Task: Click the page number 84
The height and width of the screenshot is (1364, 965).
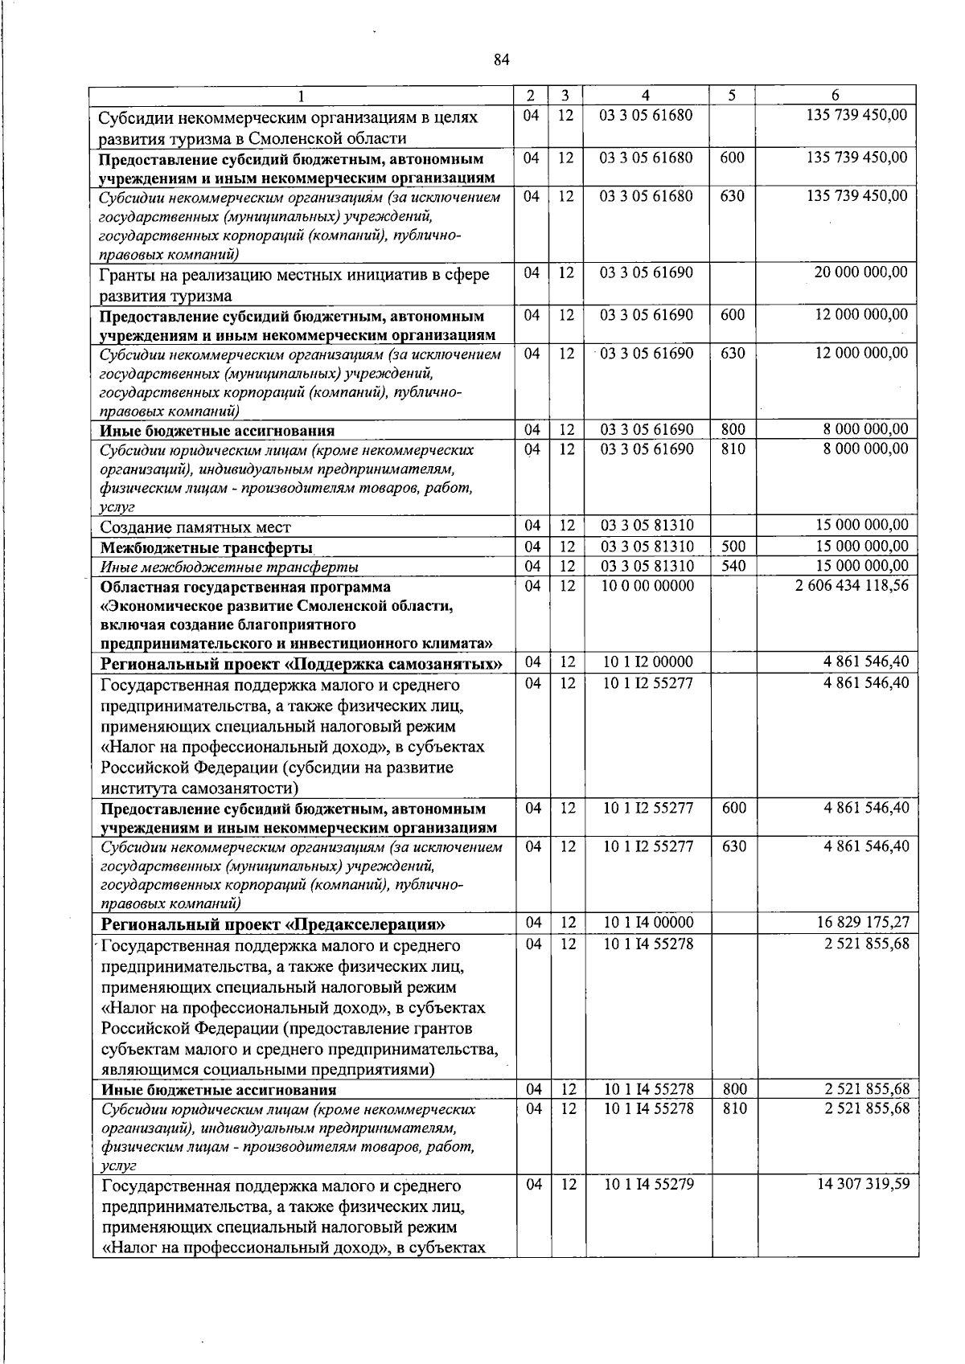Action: point(502,60)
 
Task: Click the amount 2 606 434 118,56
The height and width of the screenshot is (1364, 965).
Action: point(852,586)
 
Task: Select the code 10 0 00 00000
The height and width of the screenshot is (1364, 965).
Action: point(647,586)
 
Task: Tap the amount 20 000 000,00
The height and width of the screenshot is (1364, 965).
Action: point(860,272)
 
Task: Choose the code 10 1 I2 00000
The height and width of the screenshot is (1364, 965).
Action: point(647,662)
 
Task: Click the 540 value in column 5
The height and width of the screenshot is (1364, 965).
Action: point(733,566)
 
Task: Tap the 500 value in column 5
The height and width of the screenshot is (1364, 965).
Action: point(733,547)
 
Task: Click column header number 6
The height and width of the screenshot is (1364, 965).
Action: point(836,95)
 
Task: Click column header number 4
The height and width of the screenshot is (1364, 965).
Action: point(646,95)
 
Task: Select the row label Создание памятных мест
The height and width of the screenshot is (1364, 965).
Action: point(195,528)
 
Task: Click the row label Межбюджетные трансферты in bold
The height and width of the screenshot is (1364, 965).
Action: point(206,548)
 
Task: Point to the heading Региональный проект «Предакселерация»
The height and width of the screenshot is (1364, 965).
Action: point(273,924)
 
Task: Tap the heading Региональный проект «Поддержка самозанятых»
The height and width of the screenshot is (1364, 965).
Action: point(302,664)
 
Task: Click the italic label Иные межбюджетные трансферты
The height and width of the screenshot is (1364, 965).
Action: point(229,567)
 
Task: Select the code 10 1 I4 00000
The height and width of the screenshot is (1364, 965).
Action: point(648,922)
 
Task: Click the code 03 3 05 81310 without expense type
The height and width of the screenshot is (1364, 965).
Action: point(647,526)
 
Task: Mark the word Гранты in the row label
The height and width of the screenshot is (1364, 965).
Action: point(125,275)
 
